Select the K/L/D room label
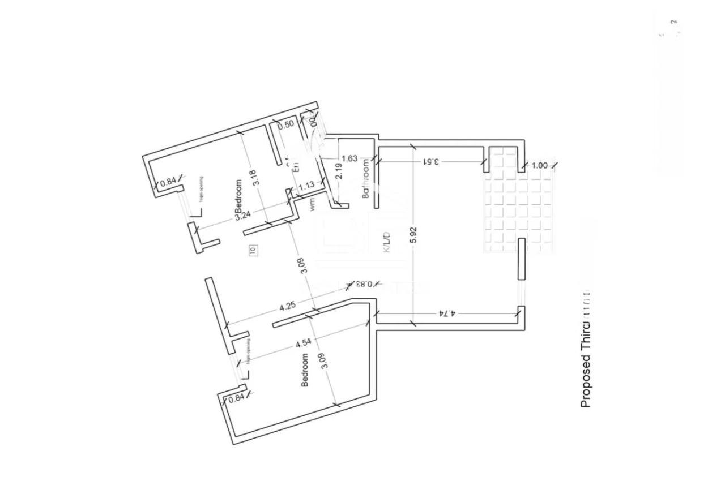point(387,242)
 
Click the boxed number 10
point(253,249)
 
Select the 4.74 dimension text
point(446,312)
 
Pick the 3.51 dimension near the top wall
point(432,161)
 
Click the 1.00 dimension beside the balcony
point(540,166)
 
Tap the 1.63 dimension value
point(349,159)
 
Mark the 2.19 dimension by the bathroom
point(339,171)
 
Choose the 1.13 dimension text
point(306,184)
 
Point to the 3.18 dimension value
point(255,178)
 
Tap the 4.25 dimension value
point(287,306)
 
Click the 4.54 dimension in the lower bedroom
point(287,342)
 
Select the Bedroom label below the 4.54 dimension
point(305,370)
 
